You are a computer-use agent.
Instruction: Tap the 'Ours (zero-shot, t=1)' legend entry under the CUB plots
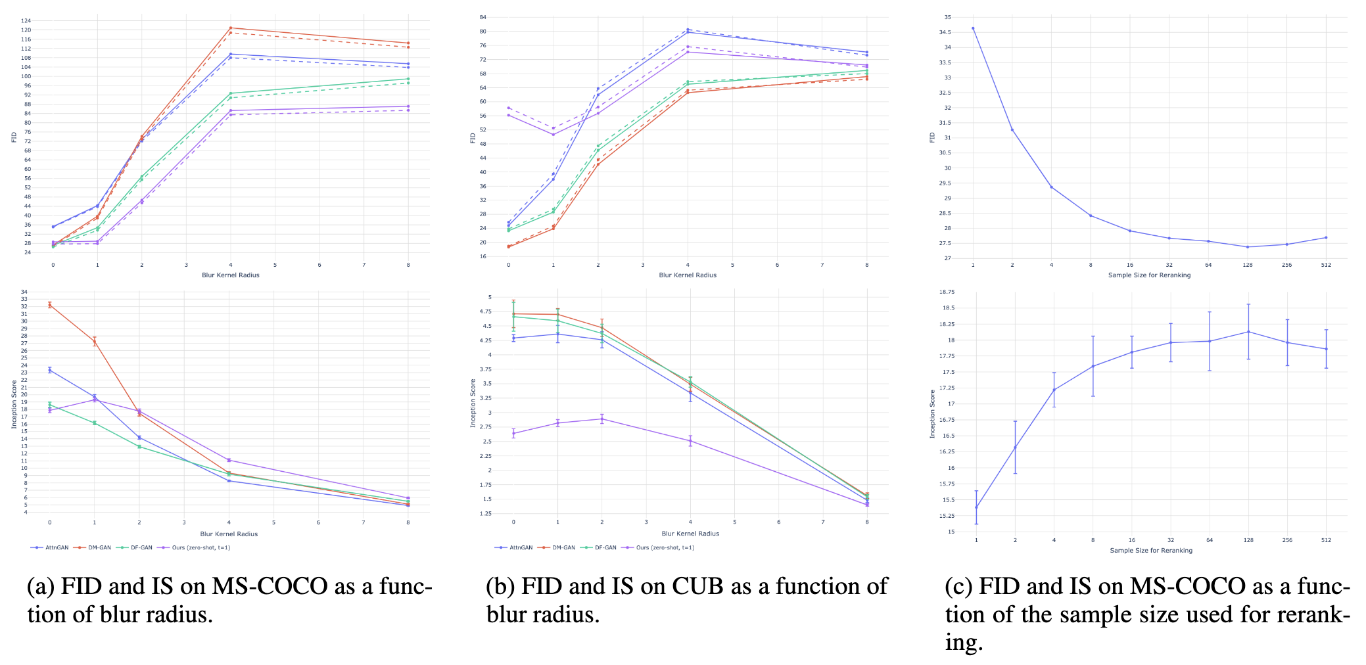click(x=665, y=547)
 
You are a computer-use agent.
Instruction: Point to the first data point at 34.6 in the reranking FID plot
click(x=973, y=28)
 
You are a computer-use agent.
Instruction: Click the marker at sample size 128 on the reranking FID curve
click(x=1248, y=247)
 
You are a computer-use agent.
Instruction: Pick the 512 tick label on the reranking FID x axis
click(x=1326, y=265)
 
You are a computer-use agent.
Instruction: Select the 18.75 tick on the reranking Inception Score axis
click(x=946, y=292)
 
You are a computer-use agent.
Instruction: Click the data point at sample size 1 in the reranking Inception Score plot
click(x=976, y=507)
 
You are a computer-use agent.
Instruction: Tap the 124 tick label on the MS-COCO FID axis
click(x=26, y=21)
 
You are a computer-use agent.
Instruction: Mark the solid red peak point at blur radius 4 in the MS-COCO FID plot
click(x=231, y=28)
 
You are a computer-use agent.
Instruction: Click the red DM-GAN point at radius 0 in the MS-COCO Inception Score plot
click(x=50, y=305)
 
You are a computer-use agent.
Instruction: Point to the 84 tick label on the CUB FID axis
click(x=483, y=17)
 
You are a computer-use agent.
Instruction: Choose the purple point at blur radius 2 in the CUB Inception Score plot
click(x=602, y=419)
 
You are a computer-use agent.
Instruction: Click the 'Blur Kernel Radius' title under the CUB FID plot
click(x=688, y=275)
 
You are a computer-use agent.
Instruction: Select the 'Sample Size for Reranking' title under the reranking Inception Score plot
click(x=1150, y=551)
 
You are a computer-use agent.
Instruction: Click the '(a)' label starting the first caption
click(x=41, y=585)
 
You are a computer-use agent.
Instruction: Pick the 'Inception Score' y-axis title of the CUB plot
click(x=473, y=403)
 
